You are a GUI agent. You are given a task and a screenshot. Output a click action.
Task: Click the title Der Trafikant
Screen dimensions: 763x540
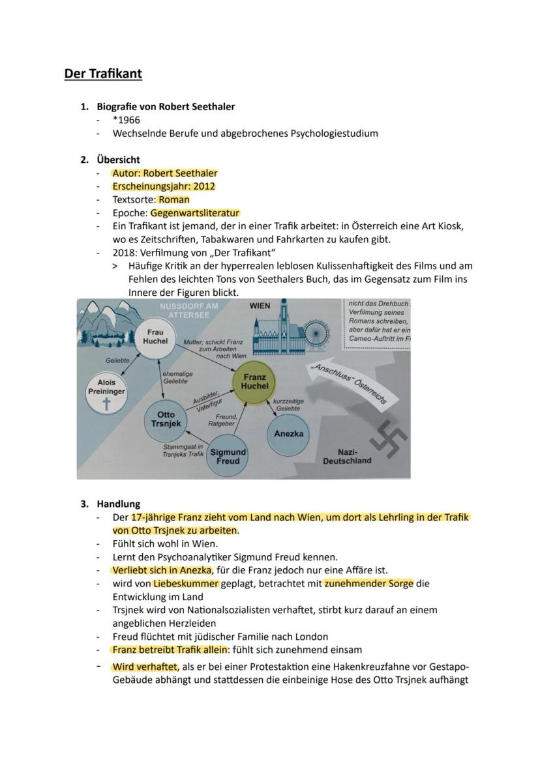(x=103, y=73)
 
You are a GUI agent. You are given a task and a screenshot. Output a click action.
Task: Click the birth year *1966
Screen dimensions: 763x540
(x=126, y=120)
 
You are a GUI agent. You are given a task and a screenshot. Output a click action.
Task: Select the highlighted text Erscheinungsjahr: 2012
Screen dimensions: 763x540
(x=164, y=186)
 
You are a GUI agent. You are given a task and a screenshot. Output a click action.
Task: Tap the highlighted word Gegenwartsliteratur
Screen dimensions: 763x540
(x=195, y=213)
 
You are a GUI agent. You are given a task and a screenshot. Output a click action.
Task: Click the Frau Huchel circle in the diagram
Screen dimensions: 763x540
(x=155, y=337)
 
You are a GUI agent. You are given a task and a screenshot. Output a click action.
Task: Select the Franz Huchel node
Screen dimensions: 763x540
(x=254, y=382)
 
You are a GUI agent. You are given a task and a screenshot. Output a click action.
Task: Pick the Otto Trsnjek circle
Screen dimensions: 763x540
(x=166, y=420)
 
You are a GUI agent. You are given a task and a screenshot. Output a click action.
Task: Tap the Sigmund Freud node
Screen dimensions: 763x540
(x=228, y=455)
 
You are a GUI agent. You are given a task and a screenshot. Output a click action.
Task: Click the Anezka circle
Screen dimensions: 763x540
(x=288, y=434)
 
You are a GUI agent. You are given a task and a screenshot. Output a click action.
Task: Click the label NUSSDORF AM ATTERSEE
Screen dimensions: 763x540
(x=193, y=310)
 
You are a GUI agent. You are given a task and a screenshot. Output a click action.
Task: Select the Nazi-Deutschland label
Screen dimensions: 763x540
(x=347, y=456)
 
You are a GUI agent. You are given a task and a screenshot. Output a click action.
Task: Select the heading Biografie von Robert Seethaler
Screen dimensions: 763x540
(x=166, y=106)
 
